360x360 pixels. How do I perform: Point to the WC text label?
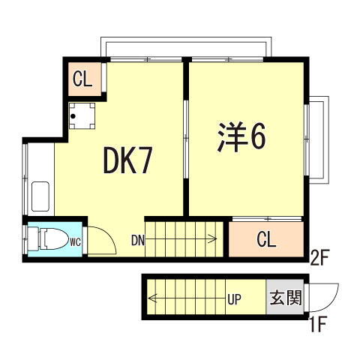76,241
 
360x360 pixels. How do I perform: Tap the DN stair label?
138,240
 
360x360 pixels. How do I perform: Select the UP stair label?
233,300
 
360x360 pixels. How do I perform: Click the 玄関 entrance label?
285,299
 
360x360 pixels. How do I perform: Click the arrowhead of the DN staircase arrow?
216,240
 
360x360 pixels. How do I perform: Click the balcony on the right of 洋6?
316,139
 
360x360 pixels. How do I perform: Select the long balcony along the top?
184,47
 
